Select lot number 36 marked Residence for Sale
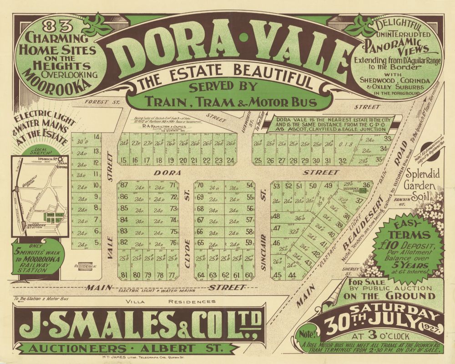pos(367,185)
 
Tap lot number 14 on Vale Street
pos(96,137)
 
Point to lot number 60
pos(249,275)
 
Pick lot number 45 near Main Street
pos(277,275)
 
